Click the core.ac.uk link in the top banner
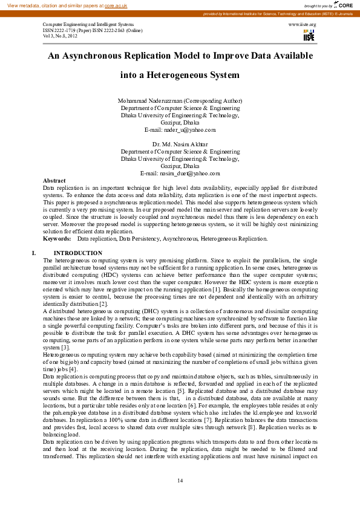pos(116,5)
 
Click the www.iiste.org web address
pos(303,24)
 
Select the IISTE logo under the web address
pos(309,35)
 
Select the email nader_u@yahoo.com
pos(180,130)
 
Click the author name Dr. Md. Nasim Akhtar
pos(180,144)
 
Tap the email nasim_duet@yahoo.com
pos(180,173)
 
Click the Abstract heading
pos(54,180)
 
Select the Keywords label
pos(57,239)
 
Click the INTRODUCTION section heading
pos(78,253)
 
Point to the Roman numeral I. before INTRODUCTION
pos(34,253)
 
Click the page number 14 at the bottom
pos(180,480)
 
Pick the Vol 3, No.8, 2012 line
pos(61,36)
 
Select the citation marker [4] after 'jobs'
pos(73,368)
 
